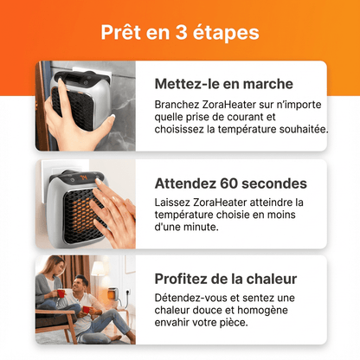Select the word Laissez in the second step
[176, 202]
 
